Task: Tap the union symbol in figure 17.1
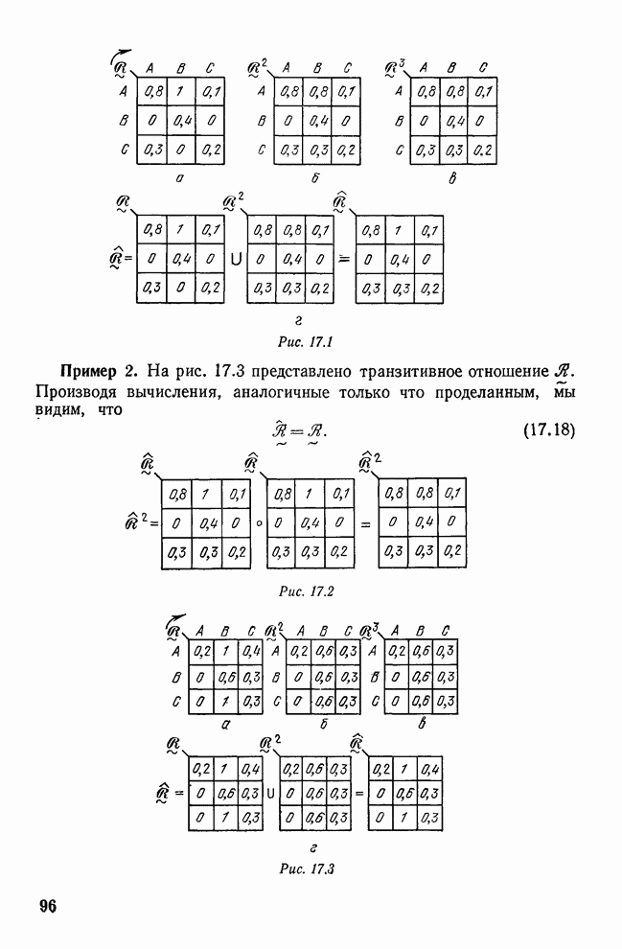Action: click(236, 259)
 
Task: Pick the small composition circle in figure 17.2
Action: click(260, 524)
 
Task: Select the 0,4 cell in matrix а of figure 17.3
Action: click(253, 651)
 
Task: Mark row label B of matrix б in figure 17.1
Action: click(262, 122)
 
